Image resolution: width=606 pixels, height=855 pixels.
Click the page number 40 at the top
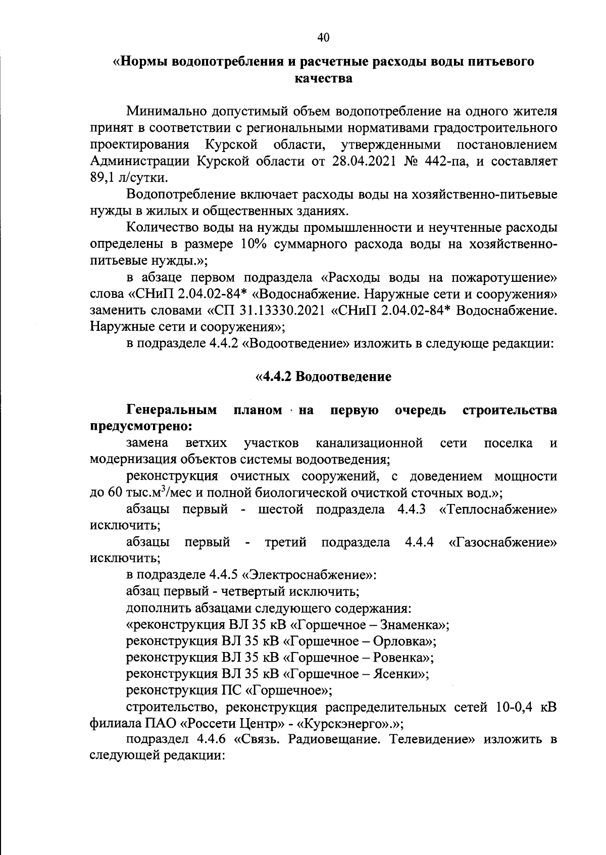coord(323,37)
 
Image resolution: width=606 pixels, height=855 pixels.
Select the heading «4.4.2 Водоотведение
coord(324,377)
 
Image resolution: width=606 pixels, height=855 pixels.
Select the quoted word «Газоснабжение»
coord(502,542)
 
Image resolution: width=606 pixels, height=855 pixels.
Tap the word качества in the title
coord(323,79)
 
